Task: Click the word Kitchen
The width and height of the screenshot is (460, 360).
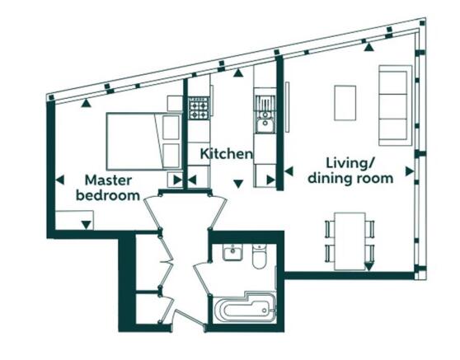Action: pos(226,153)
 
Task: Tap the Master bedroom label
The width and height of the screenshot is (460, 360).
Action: pos(108,188)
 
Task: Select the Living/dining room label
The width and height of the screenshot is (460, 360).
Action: pos(350,171)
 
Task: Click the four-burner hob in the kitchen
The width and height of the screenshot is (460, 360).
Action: pos(199,108)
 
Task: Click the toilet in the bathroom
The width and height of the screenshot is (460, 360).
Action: pos(259,257)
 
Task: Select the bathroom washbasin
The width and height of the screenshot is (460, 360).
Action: pos(232,252)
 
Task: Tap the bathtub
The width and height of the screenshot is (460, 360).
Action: pos(245,308)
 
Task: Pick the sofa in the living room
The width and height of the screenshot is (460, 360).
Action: pos(395,105)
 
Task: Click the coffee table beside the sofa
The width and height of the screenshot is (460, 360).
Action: pos(345,103)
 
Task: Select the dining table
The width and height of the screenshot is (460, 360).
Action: pos(350,241)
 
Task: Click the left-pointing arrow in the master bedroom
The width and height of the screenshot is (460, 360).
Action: pos(60,180)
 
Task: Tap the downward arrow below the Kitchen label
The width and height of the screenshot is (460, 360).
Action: pos(238,184)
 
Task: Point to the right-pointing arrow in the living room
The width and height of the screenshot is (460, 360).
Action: pos(410,171)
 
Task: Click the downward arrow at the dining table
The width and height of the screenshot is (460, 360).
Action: pos(368,266)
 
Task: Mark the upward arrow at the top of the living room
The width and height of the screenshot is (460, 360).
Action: pos(369,47)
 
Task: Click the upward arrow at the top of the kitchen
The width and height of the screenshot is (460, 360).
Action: pos(238,72)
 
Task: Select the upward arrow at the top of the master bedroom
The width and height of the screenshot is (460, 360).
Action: pos(86,102)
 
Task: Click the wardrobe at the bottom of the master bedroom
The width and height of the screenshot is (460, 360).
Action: pos(74,220)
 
